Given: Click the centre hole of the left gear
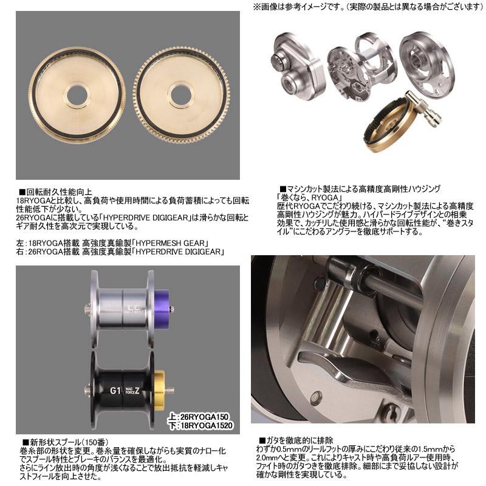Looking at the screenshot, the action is tap(77, 95).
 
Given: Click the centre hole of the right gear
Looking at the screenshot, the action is tap(181, 95).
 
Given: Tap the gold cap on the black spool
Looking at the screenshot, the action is tap(159, 390).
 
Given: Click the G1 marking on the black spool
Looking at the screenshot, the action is tap(115, 391).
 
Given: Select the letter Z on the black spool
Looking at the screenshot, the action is tap(137, 391).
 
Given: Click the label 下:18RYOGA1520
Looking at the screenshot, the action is tap(200, 426).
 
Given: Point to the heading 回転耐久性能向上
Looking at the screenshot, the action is tap(56, 192).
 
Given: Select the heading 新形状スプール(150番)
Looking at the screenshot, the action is tap(66, 442).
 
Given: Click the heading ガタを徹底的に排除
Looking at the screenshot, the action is tap(296, 440).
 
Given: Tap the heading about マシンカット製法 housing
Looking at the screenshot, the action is tap(360, 189).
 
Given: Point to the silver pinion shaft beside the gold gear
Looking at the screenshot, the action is tap(423, 108).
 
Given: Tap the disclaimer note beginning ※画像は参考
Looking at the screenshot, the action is tap(368, 7).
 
